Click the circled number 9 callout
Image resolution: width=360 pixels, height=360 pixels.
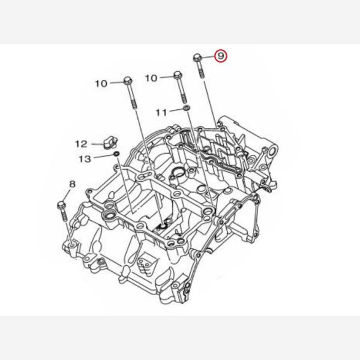[220, 56]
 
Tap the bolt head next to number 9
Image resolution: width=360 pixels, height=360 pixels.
[197, 58]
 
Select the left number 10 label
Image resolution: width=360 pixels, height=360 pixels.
[101, 83]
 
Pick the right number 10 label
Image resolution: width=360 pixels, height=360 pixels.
[151, 78]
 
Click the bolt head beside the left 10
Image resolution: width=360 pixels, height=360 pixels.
[128, 81]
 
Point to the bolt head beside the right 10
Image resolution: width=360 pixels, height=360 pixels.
[178, 75]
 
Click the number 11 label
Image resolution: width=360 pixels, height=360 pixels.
[161, 113]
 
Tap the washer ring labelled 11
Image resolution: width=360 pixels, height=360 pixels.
[187, 107]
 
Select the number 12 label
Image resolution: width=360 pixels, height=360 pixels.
[81, 144]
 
